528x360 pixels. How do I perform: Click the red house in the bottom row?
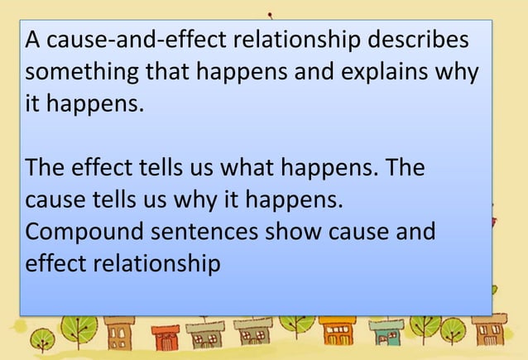click(x=169, y=338)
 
